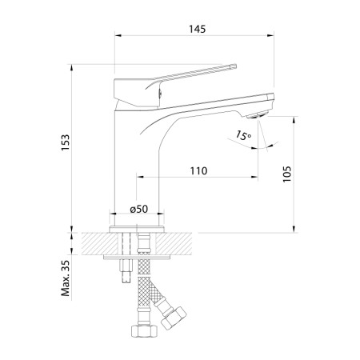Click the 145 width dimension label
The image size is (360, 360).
click(198, 29)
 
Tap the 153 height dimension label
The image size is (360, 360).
click(66, 142)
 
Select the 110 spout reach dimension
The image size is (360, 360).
click(198, 170)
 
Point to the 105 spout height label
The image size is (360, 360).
click(287, 174)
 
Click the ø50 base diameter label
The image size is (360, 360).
click(138, 209)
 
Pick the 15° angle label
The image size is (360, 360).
click(242, 135)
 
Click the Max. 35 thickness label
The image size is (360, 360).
click(66, 278)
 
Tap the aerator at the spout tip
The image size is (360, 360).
click(257, 115)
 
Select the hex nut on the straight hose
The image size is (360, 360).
click(145, 331)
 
